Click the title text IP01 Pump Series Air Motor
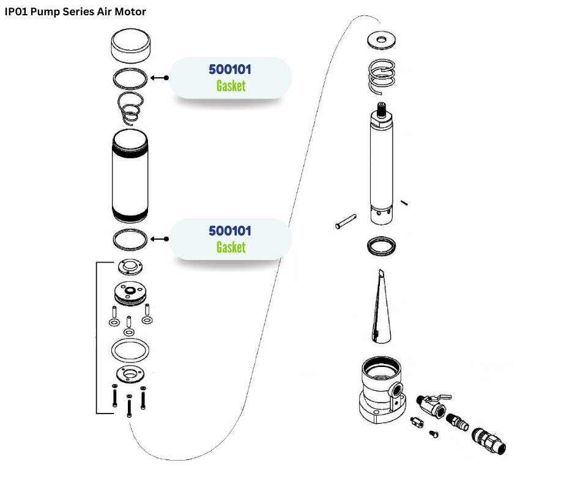[x=75, y=12]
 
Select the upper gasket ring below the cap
[x=130, y=78]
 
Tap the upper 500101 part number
[x=230, y=69]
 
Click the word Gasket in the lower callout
[x=231, y=247]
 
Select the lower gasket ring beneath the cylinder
[x=130, y=239]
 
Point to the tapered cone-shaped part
[x=379, y=306]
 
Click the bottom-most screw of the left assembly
[x=129, y=406]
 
